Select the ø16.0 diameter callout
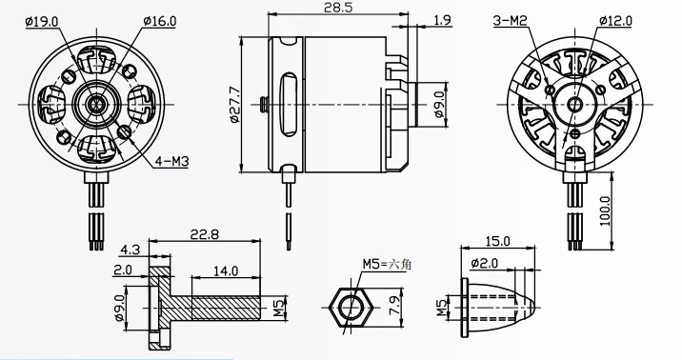[x=160, y=19]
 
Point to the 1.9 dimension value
[x=442, y=19]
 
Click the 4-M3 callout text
[x=170, y=161]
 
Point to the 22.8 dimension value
[x=205, y=235]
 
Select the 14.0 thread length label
[x=227, y=271]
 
